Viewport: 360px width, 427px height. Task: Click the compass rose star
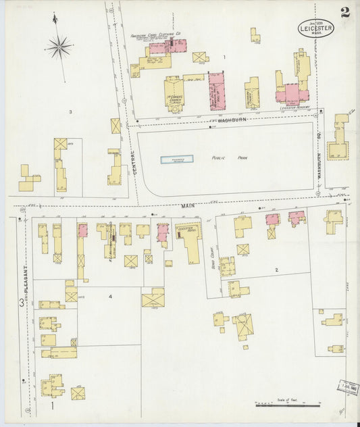[x=60, y=47]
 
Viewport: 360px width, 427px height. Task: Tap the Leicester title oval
[x=316, y=27]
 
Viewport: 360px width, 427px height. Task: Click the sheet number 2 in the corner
[x=345, y=11]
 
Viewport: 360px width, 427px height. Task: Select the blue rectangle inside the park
[x=176, y=159]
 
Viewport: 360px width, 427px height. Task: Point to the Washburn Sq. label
[x=322, y=155]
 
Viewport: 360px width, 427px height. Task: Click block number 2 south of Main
[x=276, y=270]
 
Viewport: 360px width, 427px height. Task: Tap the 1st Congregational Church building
[x=174, y=92]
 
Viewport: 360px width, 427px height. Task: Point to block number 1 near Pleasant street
[x=52, y=406]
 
